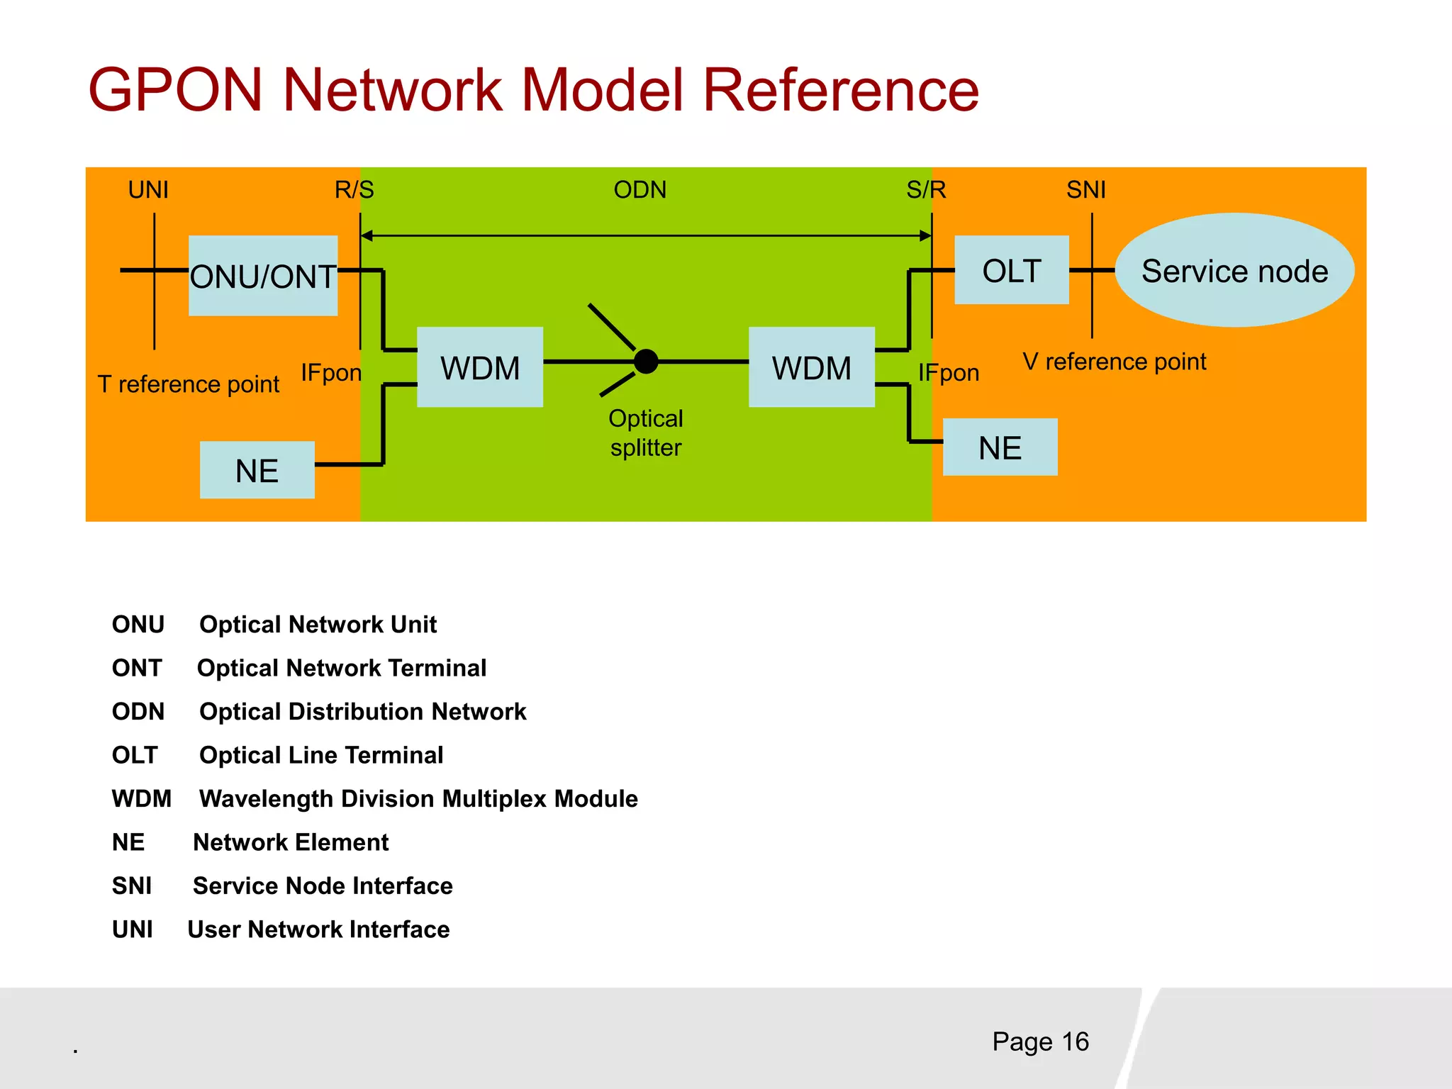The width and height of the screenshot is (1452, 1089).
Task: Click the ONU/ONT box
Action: click(x=263, y=276)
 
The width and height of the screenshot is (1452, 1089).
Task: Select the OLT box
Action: click(x=1011, y=270)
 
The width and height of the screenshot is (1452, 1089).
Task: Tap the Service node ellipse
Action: click(x=1234, y=270)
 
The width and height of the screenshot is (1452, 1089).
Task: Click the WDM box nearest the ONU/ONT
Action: click(x=480, y=367)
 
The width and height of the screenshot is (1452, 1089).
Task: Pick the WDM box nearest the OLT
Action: click(x=811, y=367)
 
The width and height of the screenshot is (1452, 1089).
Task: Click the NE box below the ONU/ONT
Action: click(x=257, y=470)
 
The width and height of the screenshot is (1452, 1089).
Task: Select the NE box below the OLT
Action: click(x=1000, y=447)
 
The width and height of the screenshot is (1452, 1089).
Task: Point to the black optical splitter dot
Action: click(x=646, y=362)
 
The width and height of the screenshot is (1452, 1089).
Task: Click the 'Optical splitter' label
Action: click(x=646, y=433)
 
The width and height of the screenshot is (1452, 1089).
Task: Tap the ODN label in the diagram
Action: click(x=640, y=190)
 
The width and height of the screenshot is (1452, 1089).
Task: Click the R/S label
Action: click(x=354, y=190)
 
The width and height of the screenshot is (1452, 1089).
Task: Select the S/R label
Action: click(x=926, y=190)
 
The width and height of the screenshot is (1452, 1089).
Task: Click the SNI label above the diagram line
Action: click(x=1085, y=190)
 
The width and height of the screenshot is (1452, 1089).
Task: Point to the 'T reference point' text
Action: click(x=189, y=384)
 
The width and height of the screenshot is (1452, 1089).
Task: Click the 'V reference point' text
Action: click(x=1114, y=362)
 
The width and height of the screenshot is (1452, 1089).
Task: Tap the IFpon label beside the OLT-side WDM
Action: click(x=949, y=373)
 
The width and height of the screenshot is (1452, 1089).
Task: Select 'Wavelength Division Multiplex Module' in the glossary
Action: click(x=418, y=799)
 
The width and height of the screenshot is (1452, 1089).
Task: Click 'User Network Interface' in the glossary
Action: click(x=318, y=929)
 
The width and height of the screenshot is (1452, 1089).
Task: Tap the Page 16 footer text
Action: click(x=1040, y=1041)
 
